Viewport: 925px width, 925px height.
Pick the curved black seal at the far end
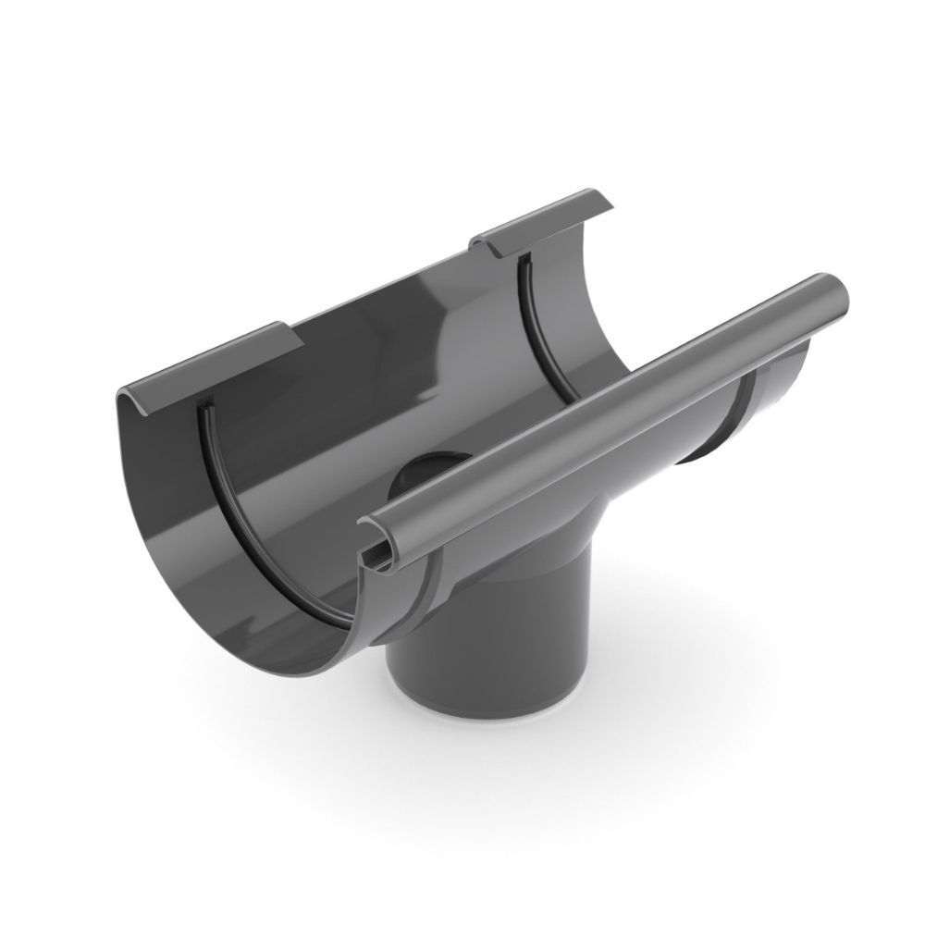(x=536, y=314)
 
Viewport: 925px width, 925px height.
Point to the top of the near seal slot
(x=201, y=407)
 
